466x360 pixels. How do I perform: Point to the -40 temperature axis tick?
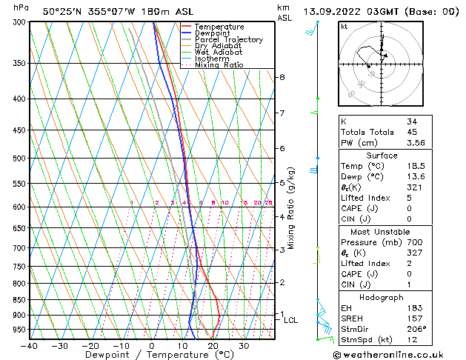coord(30,345)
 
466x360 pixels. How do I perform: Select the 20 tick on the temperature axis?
coord(213,345)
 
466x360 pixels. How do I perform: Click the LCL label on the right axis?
coord(290,321)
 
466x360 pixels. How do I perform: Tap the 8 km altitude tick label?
coord(282,77)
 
